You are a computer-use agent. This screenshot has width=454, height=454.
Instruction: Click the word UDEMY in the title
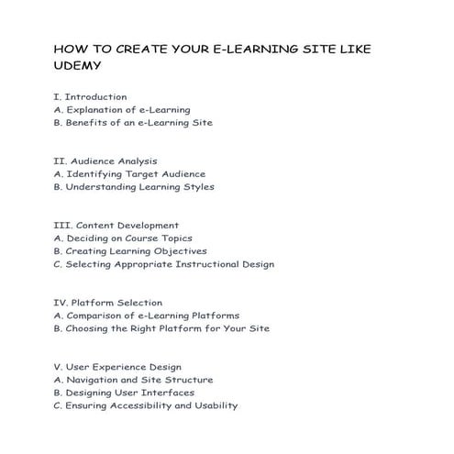(77, 66)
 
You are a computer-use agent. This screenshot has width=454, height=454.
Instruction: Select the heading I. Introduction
(91, 96)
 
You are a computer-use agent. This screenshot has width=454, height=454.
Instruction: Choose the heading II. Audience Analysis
(105, 161)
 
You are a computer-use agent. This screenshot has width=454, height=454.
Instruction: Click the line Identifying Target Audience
(129, 173)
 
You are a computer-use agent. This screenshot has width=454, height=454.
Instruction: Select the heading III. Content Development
(116, 225)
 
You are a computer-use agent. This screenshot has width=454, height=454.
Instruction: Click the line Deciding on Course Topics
(122, 238)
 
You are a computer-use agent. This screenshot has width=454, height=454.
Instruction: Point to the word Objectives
(175, 250)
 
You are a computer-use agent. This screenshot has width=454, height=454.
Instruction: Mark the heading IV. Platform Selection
(108, 302)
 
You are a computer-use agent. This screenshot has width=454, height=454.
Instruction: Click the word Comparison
(94, 315)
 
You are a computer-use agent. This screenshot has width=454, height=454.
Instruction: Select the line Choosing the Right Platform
(161, 327)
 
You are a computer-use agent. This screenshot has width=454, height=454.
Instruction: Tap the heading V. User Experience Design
(117, 367)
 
